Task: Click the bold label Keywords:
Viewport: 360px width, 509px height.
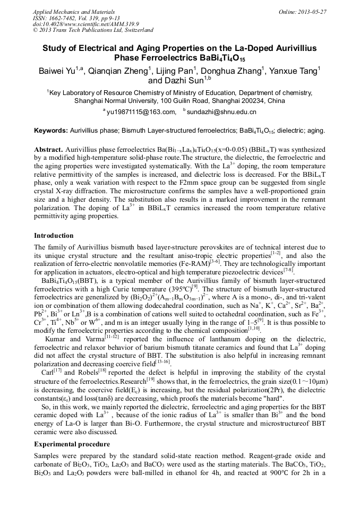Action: tap(51, 131)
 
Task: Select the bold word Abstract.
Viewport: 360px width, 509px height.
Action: tap(49, 150)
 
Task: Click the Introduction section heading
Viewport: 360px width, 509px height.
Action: tap(54, 235)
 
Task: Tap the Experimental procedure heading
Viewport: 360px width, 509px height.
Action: tap(72, 444)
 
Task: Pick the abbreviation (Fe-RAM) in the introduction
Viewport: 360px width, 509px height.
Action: tap(192, 264)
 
